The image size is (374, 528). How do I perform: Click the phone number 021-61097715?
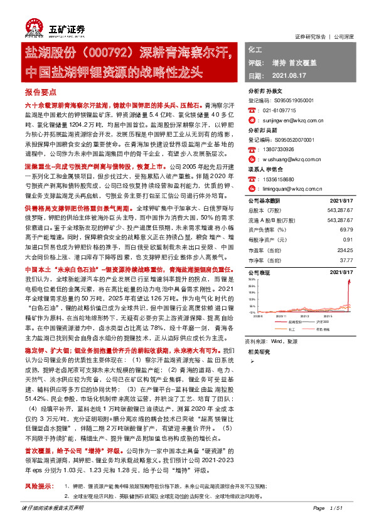280,108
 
